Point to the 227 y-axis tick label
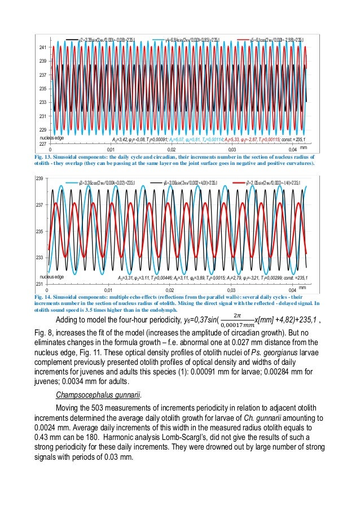42,143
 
